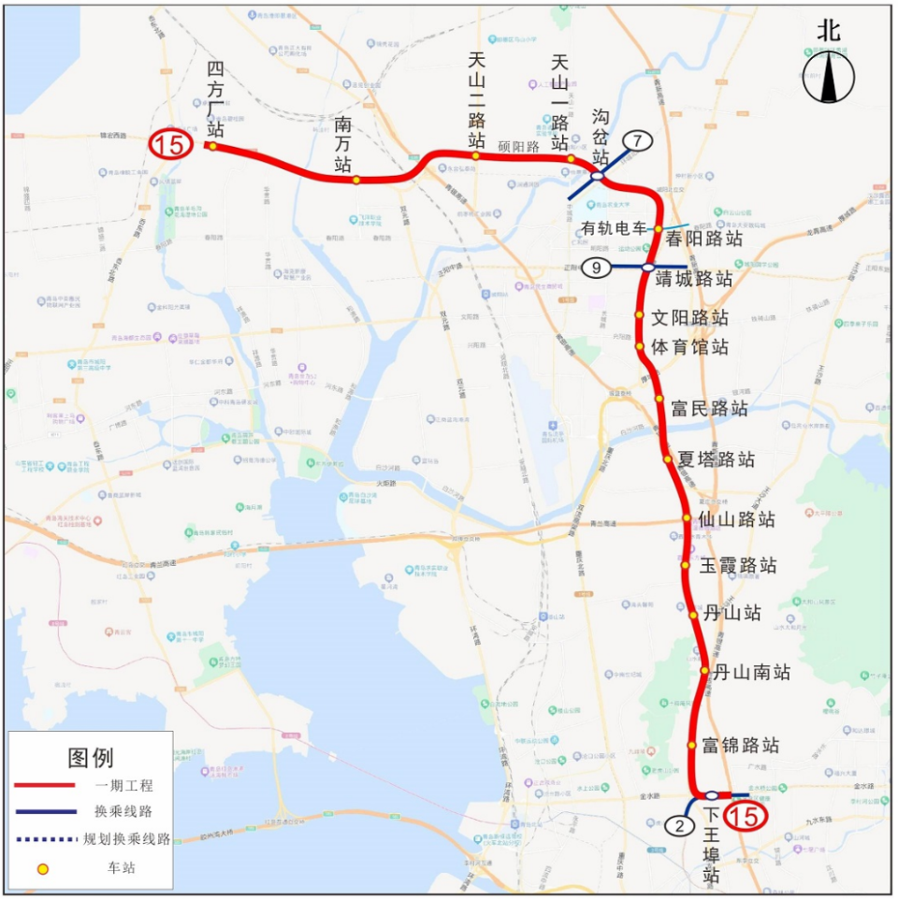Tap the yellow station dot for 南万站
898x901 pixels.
356,180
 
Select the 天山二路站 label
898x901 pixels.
477,101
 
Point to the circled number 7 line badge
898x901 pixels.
638,140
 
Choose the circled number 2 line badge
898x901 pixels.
679,826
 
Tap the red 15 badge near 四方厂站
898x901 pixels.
171,144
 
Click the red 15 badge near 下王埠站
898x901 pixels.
746,816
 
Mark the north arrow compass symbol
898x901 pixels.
829,75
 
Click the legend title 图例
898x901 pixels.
91,757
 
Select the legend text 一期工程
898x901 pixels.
123,786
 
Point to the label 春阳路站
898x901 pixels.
703,239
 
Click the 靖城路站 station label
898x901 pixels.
693,278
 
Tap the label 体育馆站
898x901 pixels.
689,347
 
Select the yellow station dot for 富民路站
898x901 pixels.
659,400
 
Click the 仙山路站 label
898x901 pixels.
736,518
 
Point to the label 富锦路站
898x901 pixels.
741,746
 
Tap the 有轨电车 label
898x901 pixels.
615,228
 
